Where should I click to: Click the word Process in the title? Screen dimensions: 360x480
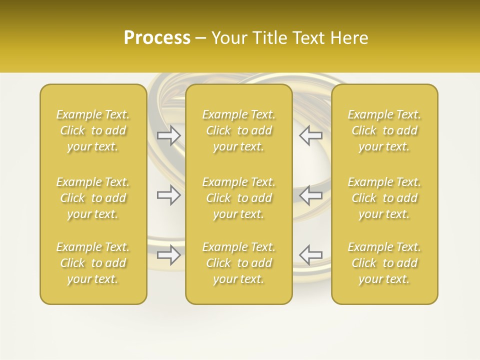click(x=157, y=38)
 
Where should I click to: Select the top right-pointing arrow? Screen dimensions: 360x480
click(x=168, y=135)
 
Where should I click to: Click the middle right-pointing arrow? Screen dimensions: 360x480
click(x=168, y=195)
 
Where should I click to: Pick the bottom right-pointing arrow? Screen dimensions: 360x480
click(x=168, y=254)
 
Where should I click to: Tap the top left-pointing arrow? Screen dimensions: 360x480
click(x=310, y=135)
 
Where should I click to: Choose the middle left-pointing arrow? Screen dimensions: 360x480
click(x=310, y=195)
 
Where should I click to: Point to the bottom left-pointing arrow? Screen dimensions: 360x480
click(x=310, y=254)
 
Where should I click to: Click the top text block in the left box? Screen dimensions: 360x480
click(x=93, y=130)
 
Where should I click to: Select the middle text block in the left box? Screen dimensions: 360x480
click(x=93, y=198)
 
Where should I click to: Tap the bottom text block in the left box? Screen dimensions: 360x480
click(x=93, y=263)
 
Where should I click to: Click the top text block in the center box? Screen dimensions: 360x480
click(x=238, y=130)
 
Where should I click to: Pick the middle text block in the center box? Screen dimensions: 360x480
click(x=238, y=198)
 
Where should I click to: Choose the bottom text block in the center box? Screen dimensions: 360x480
click(x=238, y=263)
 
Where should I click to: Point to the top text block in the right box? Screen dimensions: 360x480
click(x=384, y=130)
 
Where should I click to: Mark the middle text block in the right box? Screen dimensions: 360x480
click(x=384, y=198)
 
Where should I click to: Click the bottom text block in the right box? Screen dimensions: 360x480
click(x=384, y=263)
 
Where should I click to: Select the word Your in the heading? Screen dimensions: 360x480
click(x=227, y=38)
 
